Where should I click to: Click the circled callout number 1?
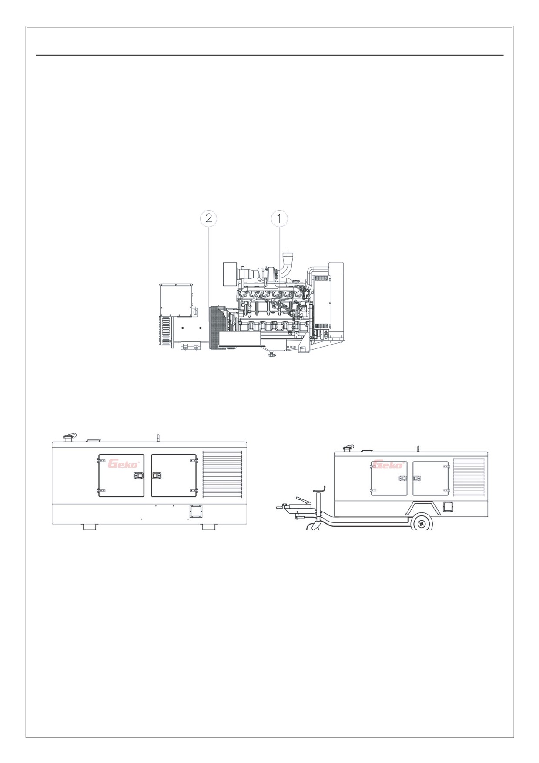[x=279, y=218]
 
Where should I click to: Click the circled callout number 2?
[x=209, y=218]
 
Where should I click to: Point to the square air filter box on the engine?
[x=229, y=274]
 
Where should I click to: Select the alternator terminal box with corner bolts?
[x=176, y=300]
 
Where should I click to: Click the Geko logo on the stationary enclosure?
[x=124, y=464]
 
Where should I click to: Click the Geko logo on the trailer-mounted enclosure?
[x=388, y=465]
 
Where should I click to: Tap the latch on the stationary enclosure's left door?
[x=139, y=475]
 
